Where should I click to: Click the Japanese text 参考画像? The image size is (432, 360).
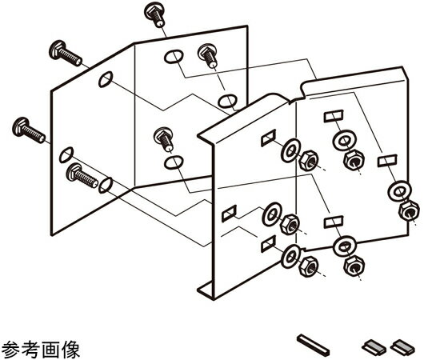pos(41,350)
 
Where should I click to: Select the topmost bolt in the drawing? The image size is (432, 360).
pos(154,14)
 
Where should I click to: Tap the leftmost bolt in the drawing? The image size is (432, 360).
pos(29,130)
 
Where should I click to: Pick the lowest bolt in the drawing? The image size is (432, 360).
pos(82,175)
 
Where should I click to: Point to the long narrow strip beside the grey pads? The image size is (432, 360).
pos(314,344)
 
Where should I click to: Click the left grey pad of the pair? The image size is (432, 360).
pos(374,346)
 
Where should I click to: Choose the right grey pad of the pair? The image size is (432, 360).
pos(402,346)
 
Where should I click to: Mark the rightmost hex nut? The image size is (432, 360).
pos(409,210)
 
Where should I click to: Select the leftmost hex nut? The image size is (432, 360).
pos(290,224)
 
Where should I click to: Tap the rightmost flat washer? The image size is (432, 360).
pos(399,191)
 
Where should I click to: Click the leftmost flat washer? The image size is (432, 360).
pos(272,214)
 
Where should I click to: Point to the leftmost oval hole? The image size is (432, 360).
pos(66,154)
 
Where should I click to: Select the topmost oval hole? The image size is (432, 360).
pos(174,57)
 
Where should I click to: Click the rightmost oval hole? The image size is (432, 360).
pos(227,102)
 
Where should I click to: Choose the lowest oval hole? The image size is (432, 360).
pos(106,185)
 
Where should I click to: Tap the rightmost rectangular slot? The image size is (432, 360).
pos(387,161)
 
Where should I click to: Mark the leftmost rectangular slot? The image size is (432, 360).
pos(230,214)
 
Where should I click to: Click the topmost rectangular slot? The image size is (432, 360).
pos(334,116)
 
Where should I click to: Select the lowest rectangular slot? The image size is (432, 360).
pos(268,244)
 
